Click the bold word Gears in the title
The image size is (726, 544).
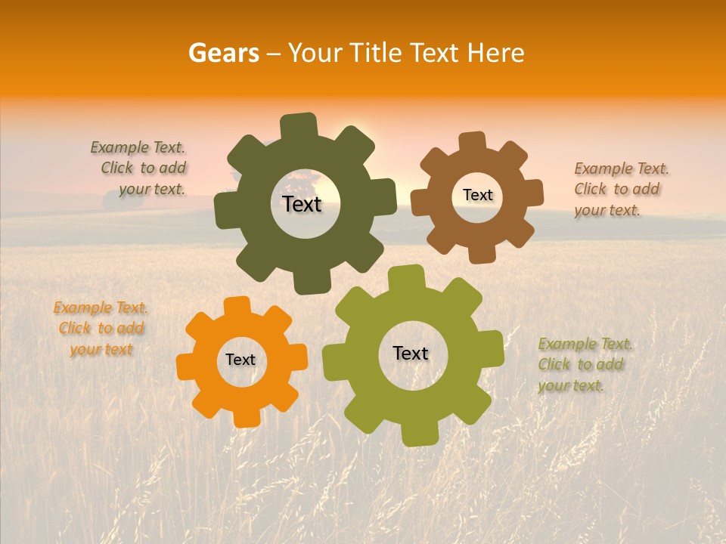point(223,53)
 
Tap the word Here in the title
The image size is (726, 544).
point(495,53)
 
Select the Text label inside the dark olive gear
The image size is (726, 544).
point(302,204)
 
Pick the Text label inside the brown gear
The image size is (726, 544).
point(477,195)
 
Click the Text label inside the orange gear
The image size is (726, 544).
point(240,360)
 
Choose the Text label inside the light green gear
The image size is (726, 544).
point(411,353)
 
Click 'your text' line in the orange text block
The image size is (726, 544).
point(101,349)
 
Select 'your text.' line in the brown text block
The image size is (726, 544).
point(607,211)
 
